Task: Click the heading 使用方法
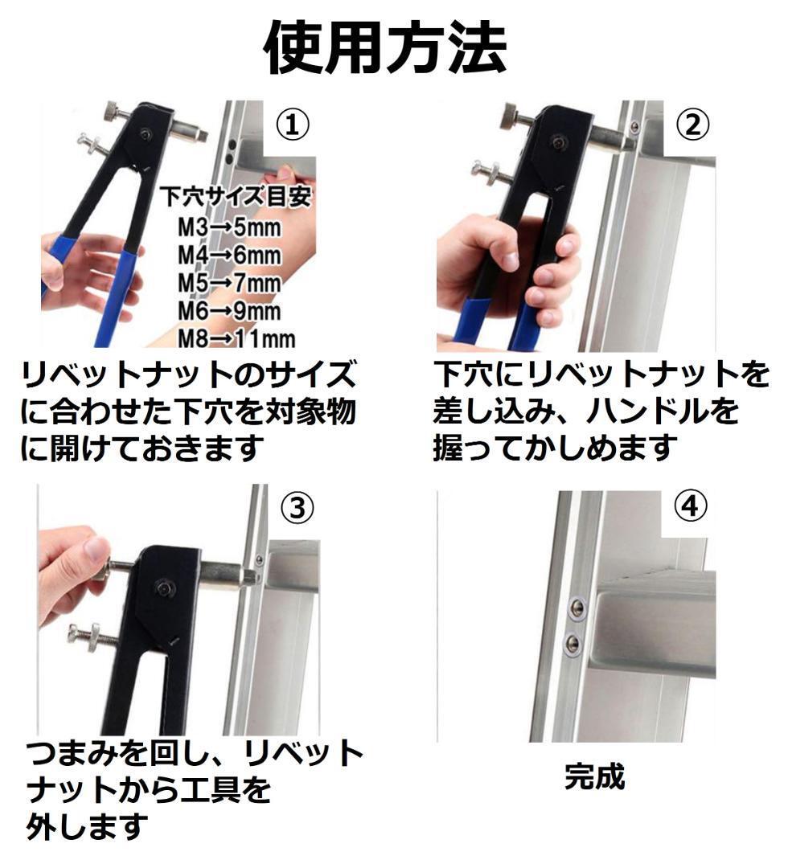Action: [x=385, y=47]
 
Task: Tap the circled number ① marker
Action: [x=293, y=125]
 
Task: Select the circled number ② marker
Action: [x=692, y=125]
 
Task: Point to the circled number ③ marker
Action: [x=298, y=507]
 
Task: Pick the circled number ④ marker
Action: [x=691, y=506]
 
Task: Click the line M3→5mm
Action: [x=229, y=227]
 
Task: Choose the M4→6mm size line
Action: [x=229, y=256]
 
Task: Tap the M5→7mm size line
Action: [x=229, y=283]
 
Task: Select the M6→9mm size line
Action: [x=229, y=310]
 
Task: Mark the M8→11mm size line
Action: [x=236, y=338]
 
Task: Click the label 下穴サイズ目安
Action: [x=236, y=197]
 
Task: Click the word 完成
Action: [x=595, y=776]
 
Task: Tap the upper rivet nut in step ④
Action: [x=577, y=607]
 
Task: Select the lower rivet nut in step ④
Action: [x=572, y=643]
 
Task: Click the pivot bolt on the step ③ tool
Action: [x=163, y=587]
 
